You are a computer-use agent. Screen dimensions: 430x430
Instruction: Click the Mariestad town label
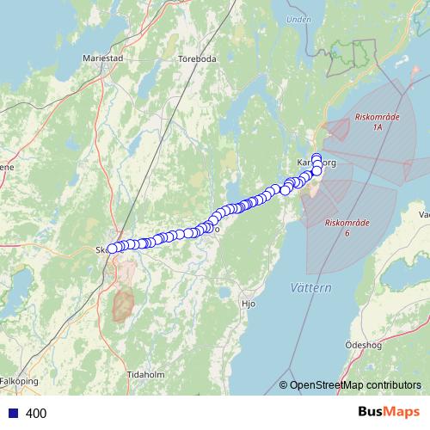point(103,58)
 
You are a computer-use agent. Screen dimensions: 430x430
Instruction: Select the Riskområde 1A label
point(377,121)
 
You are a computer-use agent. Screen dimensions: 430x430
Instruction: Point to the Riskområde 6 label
point(347,227)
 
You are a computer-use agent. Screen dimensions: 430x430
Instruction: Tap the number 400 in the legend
point(36,414)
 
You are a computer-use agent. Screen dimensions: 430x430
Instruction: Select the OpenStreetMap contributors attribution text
point(355,385)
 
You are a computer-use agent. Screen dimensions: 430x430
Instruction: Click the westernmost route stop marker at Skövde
point(112,249)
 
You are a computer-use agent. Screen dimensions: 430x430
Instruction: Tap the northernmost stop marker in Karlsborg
point(316,157)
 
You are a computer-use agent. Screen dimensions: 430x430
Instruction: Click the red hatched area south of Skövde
point(123,304)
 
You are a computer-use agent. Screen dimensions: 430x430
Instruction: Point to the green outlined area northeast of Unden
point(353,53)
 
